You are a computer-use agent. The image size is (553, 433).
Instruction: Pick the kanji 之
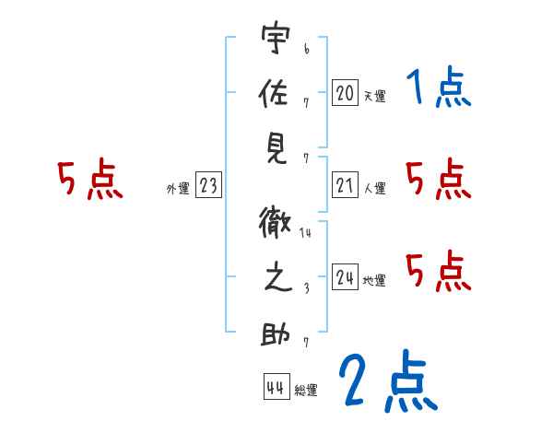[274, 278]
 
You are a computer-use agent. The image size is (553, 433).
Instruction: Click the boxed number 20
[345, 92]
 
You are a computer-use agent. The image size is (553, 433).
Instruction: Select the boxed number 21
[345, 186]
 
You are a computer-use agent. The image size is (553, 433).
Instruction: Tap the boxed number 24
[345, 277]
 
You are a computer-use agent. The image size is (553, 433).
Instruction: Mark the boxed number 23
[208, 186]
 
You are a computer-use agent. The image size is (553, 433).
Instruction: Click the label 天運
[375, 96]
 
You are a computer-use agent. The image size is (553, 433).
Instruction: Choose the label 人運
[375, 189]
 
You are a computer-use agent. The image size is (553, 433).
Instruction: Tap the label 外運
[177, 189]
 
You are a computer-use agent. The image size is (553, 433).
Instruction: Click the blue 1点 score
[440, 89]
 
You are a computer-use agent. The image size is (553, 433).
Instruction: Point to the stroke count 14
[306, 235]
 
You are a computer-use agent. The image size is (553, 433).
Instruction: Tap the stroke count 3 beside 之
[305, 287]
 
